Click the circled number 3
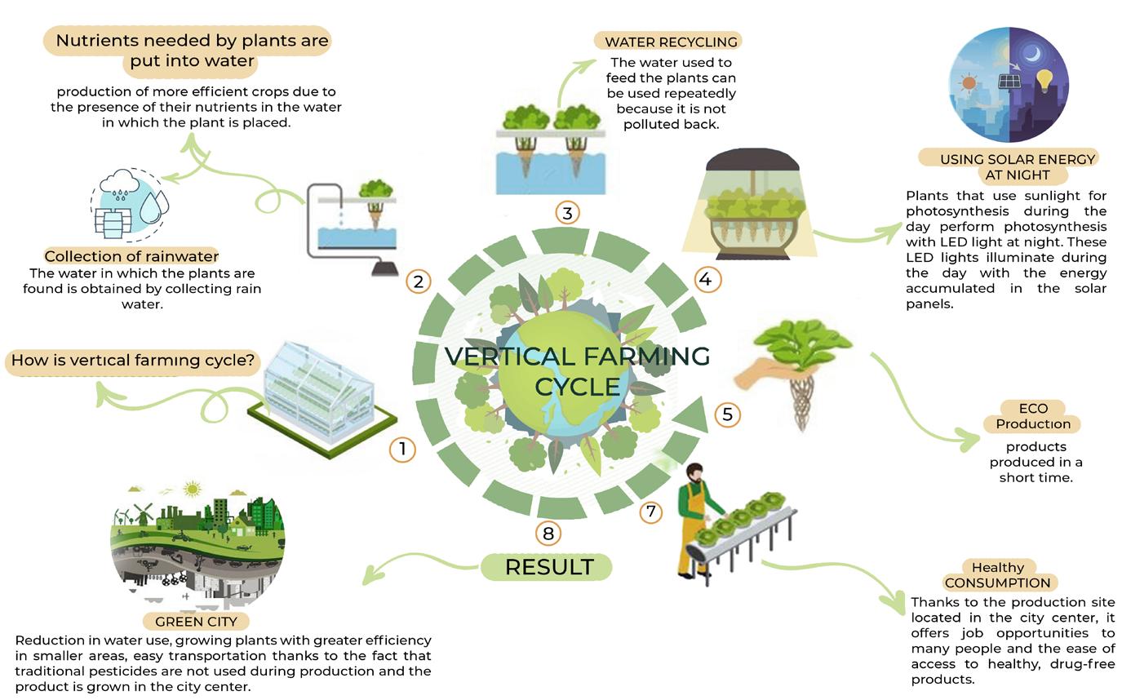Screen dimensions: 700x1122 (x=567, y=213)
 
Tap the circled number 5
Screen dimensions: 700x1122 (x=727, y=414)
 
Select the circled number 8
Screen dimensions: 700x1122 (x=548, y=534)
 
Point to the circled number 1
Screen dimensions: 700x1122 (x=402, y=449)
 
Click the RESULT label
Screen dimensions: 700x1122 (x=548, y=567)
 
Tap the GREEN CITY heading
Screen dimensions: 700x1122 (x=196, y=622)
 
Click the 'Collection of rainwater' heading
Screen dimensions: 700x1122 (x=131, y=256)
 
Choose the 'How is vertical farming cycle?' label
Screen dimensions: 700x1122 (x=133, y=360)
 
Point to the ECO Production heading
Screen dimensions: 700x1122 (x=1032, y=416)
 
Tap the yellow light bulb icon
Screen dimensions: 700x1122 (x=1044, y=80)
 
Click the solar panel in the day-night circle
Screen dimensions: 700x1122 (x=1009, y=82)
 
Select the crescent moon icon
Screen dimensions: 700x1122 (x=1032, y=54)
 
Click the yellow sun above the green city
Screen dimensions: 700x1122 (x=193, y=490)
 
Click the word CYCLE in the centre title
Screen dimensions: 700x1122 (x=577, y=386)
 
